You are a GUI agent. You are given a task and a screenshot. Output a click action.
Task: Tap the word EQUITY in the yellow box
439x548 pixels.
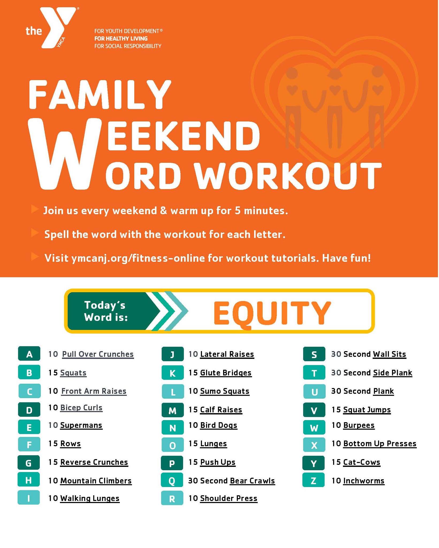pos(272,312)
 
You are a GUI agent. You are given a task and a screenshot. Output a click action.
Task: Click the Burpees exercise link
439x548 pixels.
pos(359,425)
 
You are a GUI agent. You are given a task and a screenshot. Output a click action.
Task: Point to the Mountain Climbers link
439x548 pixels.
pos(96,481)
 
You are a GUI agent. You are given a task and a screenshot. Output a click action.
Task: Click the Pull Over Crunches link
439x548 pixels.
pos(98,354)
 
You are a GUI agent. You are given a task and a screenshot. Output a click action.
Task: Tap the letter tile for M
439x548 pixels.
pos(173,410)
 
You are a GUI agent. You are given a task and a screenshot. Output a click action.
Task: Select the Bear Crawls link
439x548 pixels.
pos(252,481)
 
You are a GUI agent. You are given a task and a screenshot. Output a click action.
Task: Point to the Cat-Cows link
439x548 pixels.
pos(362,462)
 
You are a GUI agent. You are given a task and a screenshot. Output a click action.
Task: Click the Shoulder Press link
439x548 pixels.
pos(229,498)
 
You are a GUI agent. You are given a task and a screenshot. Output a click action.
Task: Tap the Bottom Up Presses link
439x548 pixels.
pos(380,444)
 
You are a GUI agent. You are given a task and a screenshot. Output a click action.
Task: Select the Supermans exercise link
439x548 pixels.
pos(81,425)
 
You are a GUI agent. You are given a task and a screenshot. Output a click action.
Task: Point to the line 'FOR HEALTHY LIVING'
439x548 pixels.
pos(121,39)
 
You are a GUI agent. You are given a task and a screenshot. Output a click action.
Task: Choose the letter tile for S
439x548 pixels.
pos(314,354)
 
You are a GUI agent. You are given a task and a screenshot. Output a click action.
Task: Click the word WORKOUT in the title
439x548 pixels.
pos(288,176)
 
